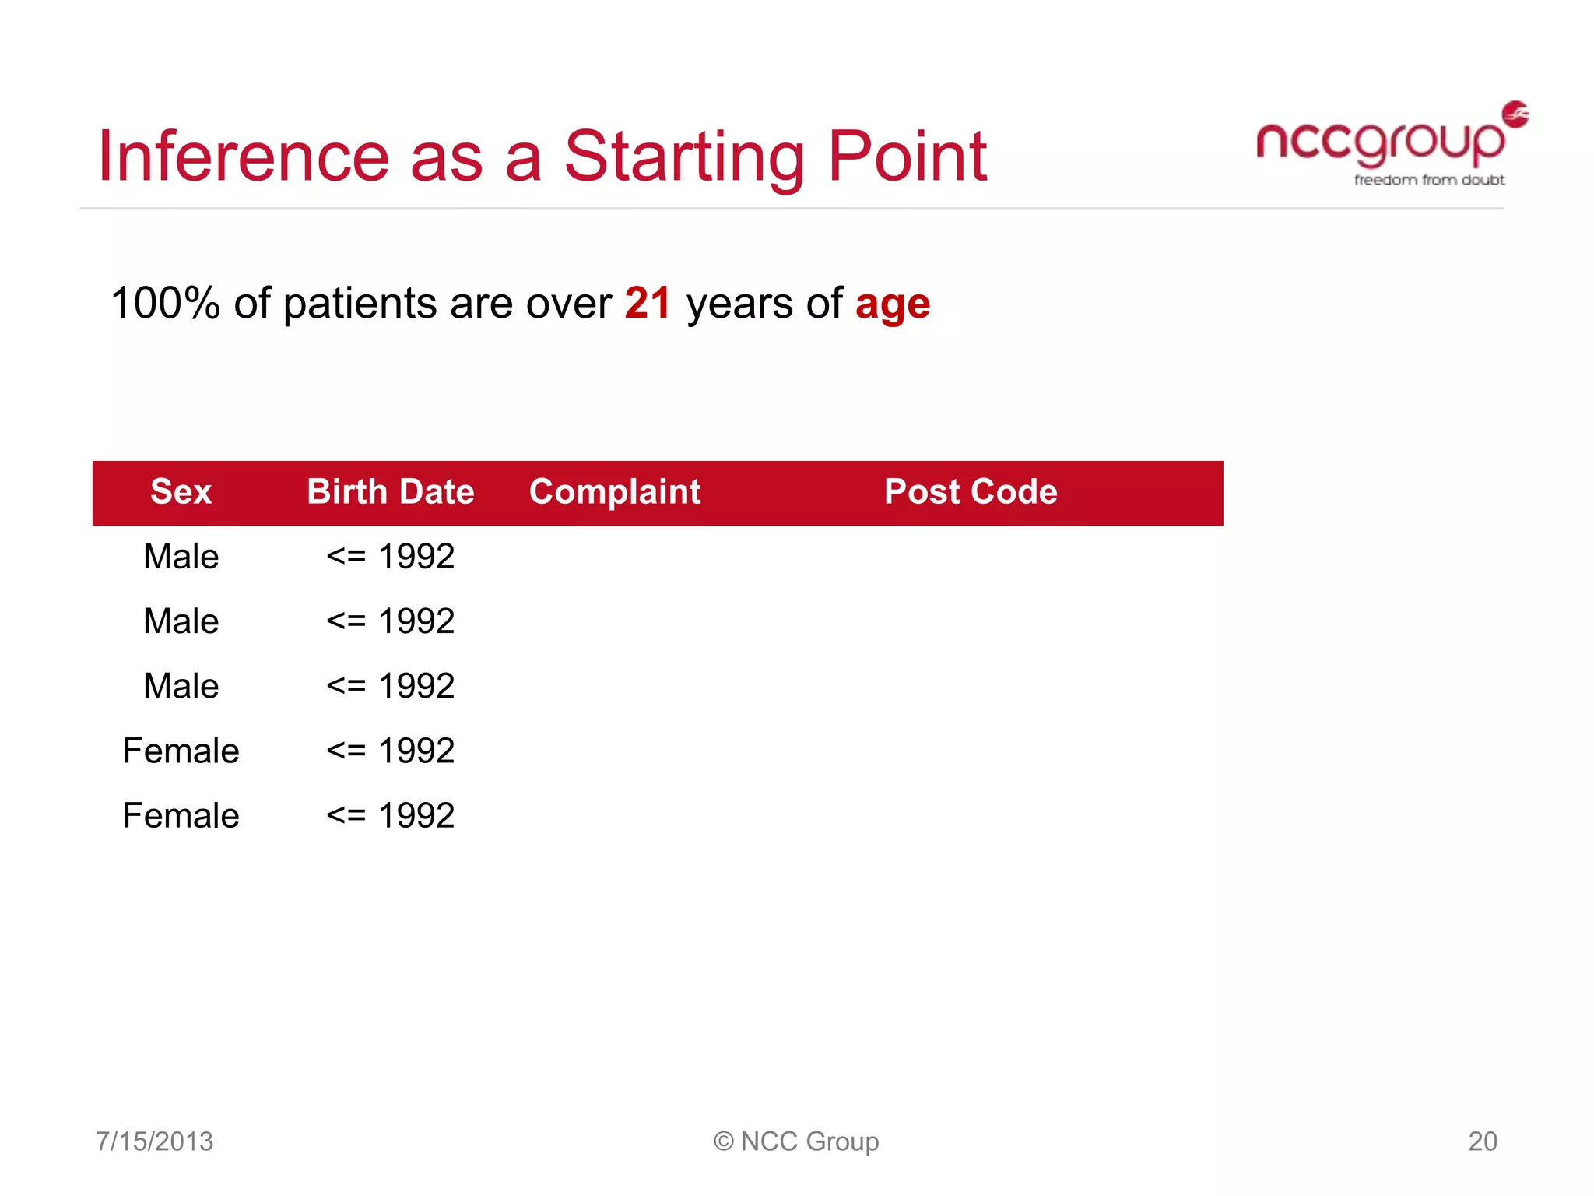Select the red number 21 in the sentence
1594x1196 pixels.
(648, 303)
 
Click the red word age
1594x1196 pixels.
(893, 304)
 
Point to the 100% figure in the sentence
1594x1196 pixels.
(166, 303)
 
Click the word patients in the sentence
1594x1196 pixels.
(360, 303)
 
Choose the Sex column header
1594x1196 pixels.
(181, 492)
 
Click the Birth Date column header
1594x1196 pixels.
(391, 492)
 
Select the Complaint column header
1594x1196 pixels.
(615, 492)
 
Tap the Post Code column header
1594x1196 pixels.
(971, 492)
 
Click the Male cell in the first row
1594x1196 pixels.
(181, 557)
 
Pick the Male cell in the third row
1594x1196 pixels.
(181, 686)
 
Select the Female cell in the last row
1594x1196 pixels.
(181, 816)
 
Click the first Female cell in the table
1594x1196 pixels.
(181, 751)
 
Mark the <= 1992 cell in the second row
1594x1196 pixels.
(391, 621)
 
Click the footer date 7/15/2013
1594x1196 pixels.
(154, 1141)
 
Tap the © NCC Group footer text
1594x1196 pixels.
(796, 1141)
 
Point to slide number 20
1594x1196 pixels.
(1482, 1141)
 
